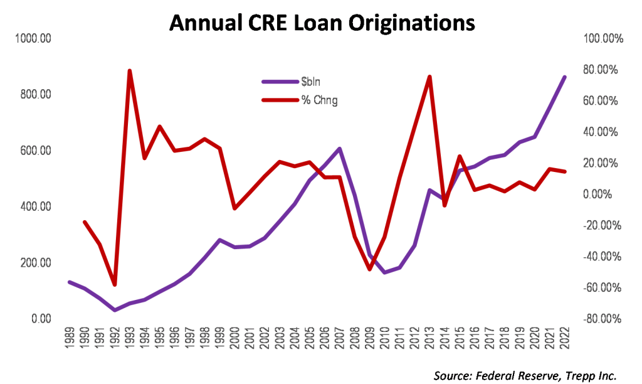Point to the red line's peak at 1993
pos(129,71)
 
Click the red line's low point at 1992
pos(114,285)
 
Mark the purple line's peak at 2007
pos(339,149)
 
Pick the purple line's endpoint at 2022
pos(565,77)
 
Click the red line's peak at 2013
pos(429,77)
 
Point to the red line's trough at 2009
pos(369,269)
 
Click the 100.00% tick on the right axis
pos(604,39)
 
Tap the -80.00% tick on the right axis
pos(604,319)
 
